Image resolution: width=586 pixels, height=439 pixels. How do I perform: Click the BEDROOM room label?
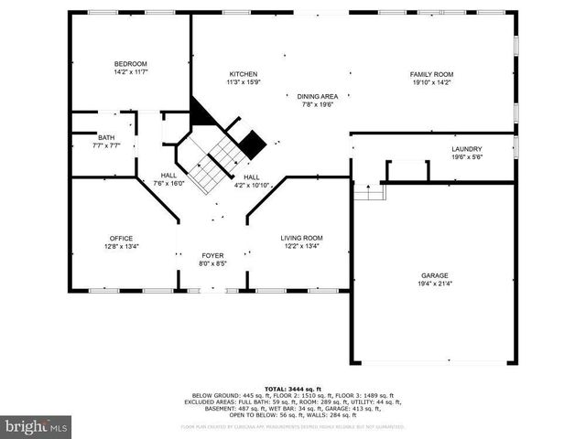tap(131, 63)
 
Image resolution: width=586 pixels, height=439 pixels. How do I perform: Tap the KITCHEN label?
tap(243, 74)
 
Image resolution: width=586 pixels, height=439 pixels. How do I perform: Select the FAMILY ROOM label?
tap(431, 74)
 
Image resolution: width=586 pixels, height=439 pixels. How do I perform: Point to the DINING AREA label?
tap(318, 96)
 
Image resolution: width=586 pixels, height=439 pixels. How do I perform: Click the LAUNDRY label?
tap(466, 149)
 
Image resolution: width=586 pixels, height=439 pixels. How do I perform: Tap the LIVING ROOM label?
tap(301, 238)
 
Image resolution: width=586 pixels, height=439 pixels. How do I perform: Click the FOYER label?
tap(212, 255)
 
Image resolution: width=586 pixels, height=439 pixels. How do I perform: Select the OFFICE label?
tap(121, 238)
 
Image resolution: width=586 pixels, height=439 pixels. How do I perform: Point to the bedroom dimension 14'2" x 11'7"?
tap(131, 71)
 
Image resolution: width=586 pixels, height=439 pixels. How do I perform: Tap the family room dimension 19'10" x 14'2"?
tap(431, 82)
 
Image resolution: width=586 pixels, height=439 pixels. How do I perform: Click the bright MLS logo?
tap(37, 426)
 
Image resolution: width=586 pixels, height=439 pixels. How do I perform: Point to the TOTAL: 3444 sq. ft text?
tap(292, 388)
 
